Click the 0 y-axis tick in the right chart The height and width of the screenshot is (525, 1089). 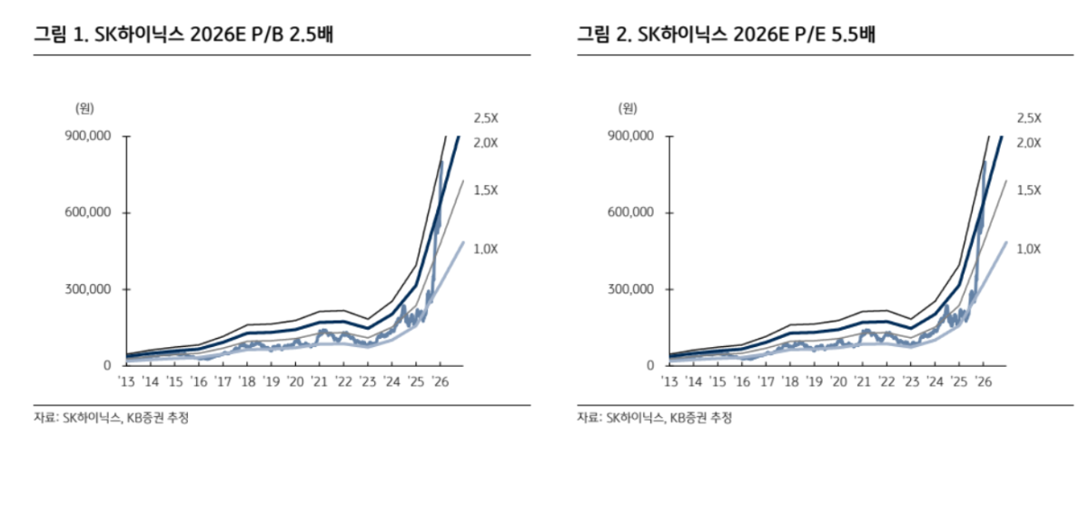pos(650,365)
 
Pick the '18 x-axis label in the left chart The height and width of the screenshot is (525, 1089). pos(246,381)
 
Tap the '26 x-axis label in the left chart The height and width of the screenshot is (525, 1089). pos(439,381)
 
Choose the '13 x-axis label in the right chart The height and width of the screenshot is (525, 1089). pos(670,381)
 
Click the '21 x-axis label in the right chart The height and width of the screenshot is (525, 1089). pos(863,381)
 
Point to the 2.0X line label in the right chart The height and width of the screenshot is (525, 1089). pos(1028,143)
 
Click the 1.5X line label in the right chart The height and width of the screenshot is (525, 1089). pos(1028,190)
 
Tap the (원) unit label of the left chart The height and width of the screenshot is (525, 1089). pos(84,108)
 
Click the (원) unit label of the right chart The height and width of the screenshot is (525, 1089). pos(628,108)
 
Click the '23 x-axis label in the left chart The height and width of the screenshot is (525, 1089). pos(367,381)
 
